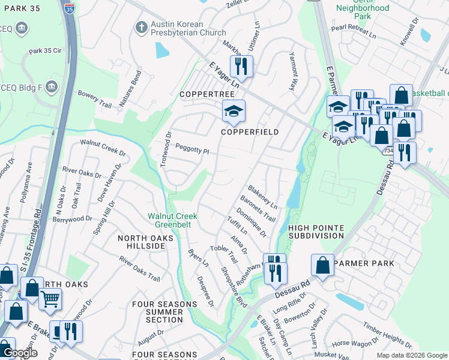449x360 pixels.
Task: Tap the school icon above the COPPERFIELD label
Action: [234, 110]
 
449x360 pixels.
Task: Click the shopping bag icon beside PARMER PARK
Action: [322, 265]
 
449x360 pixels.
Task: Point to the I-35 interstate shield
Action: [70, 9]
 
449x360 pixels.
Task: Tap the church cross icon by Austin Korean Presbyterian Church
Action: [141, 27]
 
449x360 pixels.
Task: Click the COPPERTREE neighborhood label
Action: [201, 95]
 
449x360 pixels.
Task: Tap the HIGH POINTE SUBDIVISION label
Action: [316, 232]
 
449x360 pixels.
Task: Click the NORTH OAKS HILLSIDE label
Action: [145, 242]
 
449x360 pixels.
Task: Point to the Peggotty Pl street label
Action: [192, 148]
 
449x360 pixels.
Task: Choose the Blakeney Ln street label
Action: [262, 196]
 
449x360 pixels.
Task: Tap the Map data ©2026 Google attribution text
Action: [411, 355]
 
